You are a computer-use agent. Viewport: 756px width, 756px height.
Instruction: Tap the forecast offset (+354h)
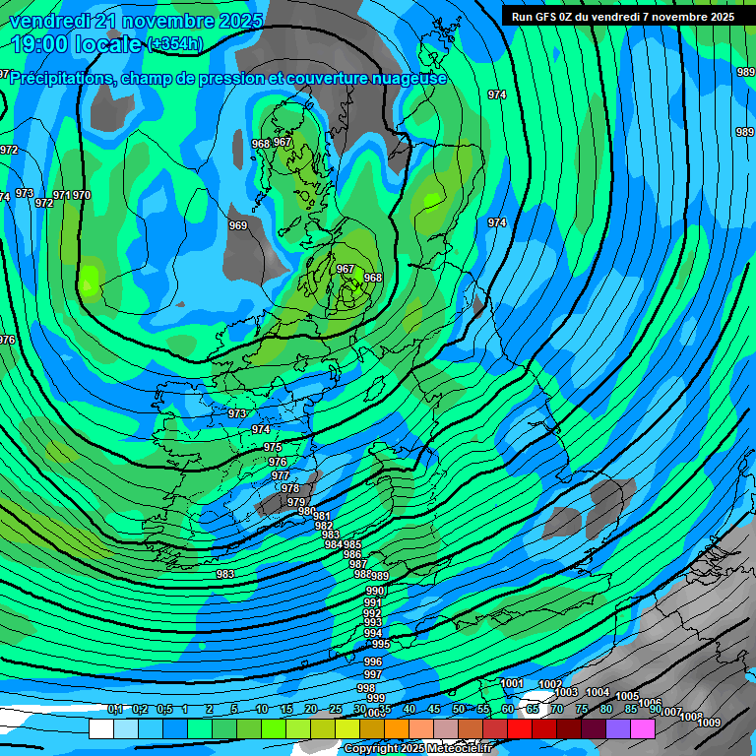tap(175, 44)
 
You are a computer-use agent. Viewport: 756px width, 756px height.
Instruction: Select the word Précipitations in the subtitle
tap(61, 78)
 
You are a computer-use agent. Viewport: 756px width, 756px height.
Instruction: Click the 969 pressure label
tap(238, 225)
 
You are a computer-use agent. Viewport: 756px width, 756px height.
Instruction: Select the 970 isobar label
tap(82, 195)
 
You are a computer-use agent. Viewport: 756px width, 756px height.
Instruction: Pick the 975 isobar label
tap(273, 447)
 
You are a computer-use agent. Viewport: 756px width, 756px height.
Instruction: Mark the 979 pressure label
tap(296, 502)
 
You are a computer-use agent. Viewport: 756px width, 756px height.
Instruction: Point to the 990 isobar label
tap(374, 591)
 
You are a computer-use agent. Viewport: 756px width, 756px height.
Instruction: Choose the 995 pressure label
tap(381, 644)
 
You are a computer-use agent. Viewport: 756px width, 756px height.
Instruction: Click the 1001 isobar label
tap(512, 683)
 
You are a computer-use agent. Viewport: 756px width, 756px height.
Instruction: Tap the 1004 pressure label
tap(598, 692)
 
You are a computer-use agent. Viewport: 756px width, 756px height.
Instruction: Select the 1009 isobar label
tap(709, 723)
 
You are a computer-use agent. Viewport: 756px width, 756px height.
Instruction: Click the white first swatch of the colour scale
tap(100, 728)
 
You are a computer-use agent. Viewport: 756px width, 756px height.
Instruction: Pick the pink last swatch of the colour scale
tap(643, 728)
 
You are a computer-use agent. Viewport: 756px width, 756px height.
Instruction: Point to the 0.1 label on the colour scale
tap(115, 709)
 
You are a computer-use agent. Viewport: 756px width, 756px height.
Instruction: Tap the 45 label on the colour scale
tap(434, 709)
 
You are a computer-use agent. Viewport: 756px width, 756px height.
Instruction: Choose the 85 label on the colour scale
tap(631, 709)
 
